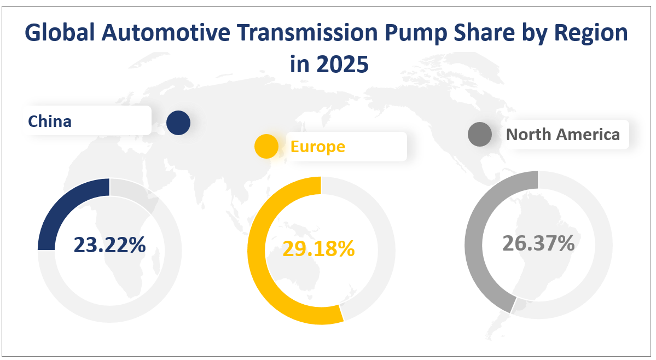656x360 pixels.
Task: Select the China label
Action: click(50, 121)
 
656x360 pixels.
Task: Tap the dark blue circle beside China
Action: click(178, 123)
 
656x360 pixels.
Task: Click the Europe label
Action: click(317, 146)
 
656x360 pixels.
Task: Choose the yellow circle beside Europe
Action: click(266, 146)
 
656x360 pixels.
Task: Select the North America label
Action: click(563, 134)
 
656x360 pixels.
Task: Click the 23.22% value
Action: click(109, 245)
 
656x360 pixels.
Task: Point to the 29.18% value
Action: click(318, 249)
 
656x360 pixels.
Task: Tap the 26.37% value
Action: click(538, 243)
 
